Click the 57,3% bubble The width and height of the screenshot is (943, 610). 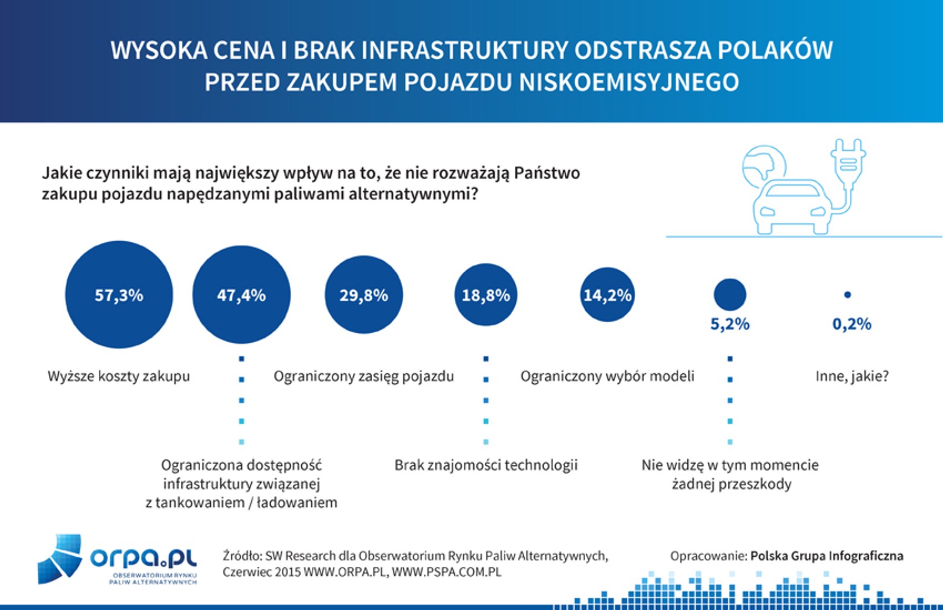(x=119, y=294)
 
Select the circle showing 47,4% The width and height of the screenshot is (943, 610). (x=241, y=294)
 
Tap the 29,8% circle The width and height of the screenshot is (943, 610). (x=364, y=294)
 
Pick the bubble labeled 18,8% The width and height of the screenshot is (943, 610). (x=486, y=294)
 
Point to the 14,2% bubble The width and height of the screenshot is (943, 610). (x=607, y=294)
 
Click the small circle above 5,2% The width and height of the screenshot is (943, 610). (x=730, y=294)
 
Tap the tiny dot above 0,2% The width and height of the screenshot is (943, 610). (x=847, y=295)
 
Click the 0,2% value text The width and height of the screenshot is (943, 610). (x=852, y=324)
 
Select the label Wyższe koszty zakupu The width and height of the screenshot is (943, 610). (x=119, y=376)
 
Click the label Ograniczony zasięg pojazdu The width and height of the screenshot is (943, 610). (x=364, y=376)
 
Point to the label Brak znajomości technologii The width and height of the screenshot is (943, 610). (x=486, y=465)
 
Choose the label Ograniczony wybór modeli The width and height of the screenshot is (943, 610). (x=607, y=376)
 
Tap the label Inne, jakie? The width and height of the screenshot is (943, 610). (x=852, y=376)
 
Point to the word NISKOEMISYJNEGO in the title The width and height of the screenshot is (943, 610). (x=629, y=82)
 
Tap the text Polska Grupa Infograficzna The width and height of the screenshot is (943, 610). (x=827, y=556)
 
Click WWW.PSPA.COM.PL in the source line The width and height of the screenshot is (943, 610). (x=447, y=572)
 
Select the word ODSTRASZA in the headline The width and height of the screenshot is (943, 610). (x=643, y=50)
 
